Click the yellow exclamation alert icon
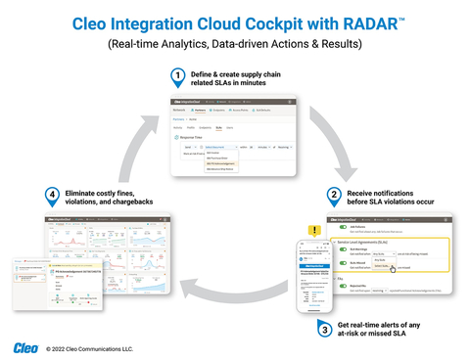coord(315,232)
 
